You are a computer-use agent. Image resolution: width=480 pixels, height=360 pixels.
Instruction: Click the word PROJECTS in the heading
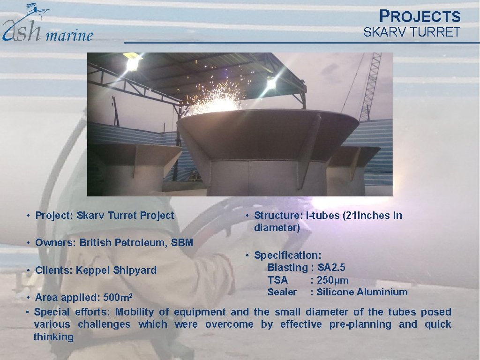click(420, 17)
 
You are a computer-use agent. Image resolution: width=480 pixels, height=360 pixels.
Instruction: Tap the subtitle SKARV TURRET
click(412, 32)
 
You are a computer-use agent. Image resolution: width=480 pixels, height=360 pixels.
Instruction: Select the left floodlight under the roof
click(133, 62)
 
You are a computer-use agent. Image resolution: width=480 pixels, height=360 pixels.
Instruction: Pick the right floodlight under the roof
click(271, 83)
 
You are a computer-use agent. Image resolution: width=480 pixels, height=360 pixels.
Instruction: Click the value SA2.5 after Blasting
click(331, 268)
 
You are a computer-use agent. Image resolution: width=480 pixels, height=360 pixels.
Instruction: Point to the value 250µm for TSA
click(333, 280)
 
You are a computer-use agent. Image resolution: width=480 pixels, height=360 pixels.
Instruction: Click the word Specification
click(287, 255)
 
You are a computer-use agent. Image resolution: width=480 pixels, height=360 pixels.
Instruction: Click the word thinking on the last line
click(53, 337)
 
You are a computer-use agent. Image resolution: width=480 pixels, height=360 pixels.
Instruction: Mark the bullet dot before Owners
click(29, 243)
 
